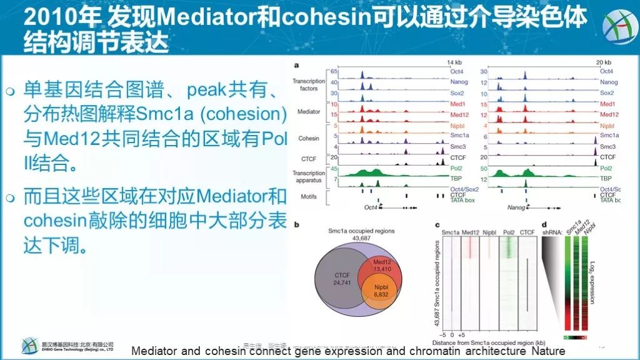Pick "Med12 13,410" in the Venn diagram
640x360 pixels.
point(384,265)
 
